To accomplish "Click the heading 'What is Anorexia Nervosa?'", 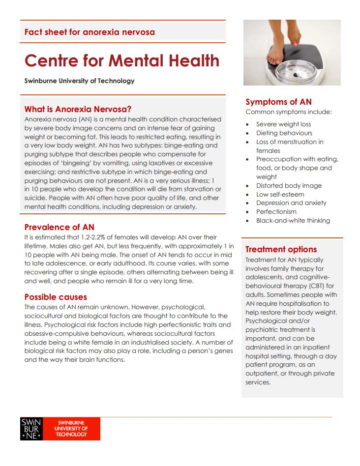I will (78, 109).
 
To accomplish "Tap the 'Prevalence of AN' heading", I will (59, 227).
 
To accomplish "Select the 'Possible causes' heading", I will (56, 297).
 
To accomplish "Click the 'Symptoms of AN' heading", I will (278, 102).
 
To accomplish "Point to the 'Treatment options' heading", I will (281, 249).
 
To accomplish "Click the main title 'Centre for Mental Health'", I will (122, 60).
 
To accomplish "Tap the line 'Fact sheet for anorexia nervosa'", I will (90, 32).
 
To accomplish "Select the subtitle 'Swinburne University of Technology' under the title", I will (79, 81).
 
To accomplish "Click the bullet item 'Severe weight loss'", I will (283, 124).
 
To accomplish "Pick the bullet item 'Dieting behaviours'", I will (284, 133).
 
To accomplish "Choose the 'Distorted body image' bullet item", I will (289, 186).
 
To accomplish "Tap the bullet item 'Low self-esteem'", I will (280, 195).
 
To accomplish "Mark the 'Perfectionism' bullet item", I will (277, 212).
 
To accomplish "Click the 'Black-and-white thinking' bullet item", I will (293, 221).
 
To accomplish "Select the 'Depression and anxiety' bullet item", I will (291, 203).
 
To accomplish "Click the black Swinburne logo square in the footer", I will (31, 429).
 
